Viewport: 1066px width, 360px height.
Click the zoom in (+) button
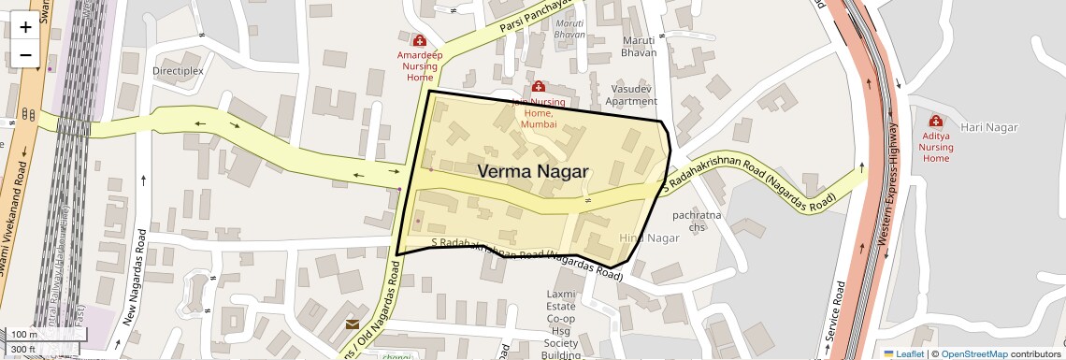(x=25, y=26)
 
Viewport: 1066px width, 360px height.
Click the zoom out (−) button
(x=25, y=54)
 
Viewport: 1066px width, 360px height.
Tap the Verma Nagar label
(x=533, y=171)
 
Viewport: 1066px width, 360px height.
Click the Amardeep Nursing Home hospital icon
(x=420, y=41)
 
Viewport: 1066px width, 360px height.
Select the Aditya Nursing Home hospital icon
(x=935, y=122)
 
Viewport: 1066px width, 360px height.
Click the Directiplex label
(x=178, y=70)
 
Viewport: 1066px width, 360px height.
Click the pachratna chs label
(x=697, y=221)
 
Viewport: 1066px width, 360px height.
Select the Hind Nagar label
(x=649, y=238)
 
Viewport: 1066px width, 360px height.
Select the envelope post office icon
(x=353, y=324)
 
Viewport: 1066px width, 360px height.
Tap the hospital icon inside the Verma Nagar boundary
(x=538, y=87)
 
